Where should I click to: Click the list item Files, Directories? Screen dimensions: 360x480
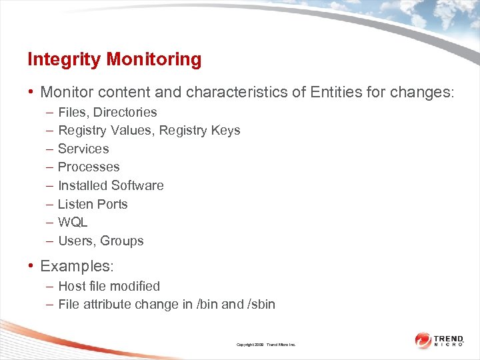107,112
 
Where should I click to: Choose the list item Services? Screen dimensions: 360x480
83,149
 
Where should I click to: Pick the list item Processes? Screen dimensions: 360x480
89,167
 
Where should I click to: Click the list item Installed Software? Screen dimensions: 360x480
111,185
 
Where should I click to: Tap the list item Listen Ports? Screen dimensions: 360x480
93,204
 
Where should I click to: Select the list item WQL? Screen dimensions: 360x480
73,222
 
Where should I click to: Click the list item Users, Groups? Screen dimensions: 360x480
101,241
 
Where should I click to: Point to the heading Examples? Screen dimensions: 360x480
77,266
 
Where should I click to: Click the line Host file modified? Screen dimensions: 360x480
109,286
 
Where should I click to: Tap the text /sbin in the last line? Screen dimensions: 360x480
261,305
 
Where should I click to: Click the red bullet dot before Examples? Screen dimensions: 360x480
31,266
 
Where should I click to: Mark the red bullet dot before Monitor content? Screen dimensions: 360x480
31,91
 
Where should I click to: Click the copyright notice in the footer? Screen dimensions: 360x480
266,345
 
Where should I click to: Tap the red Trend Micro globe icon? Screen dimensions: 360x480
423,340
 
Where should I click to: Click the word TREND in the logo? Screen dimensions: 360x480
449,339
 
